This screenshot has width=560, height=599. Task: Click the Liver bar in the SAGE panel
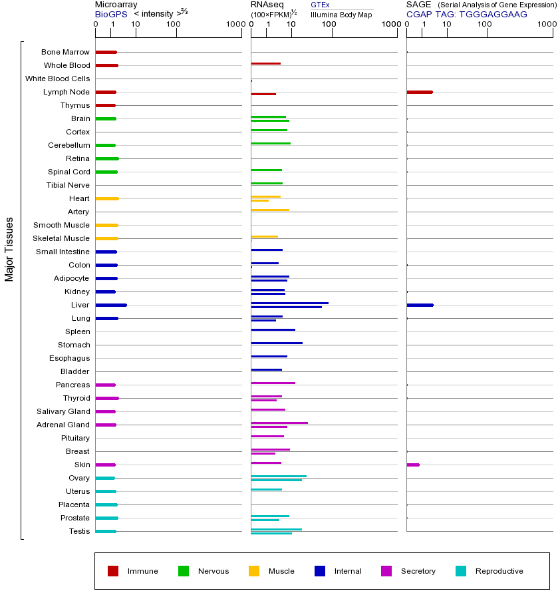(x=420, y=305)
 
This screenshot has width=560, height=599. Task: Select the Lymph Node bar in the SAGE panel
(x=419, y=92)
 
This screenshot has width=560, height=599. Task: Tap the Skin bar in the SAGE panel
(x=413, y=465)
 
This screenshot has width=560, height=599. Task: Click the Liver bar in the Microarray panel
(x=111, y=305)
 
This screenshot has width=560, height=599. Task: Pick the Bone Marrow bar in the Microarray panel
(x=106, y=52)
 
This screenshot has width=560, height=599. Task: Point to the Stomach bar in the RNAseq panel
(x=277, y=343)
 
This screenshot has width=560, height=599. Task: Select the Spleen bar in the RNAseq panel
(x=273, y=329)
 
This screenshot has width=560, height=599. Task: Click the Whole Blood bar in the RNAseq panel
(x=265, y=63)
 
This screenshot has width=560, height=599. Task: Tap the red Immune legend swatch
(x=113, y=571)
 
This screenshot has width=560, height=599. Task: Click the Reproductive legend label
(x=499, y=571)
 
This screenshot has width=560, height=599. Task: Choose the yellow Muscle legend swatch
(x=254, y=571)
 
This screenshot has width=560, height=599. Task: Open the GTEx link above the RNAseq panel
(x=320, y=5)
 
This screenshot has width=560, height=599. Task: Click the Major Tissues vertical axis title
(x=9, y=249)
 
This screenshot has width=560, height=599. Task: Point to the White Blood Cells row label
(x=57, y=79)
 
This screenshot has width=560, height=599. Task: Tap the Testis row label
(x=79, y=531)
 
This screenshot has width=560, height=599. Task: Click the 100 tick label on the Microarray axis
(x=174, y=25)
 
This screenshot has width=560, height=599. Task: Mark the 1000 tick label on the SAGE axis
(x=546, y=25)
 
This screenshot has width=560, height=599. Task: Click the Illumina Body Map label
(x=341, y=15)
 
